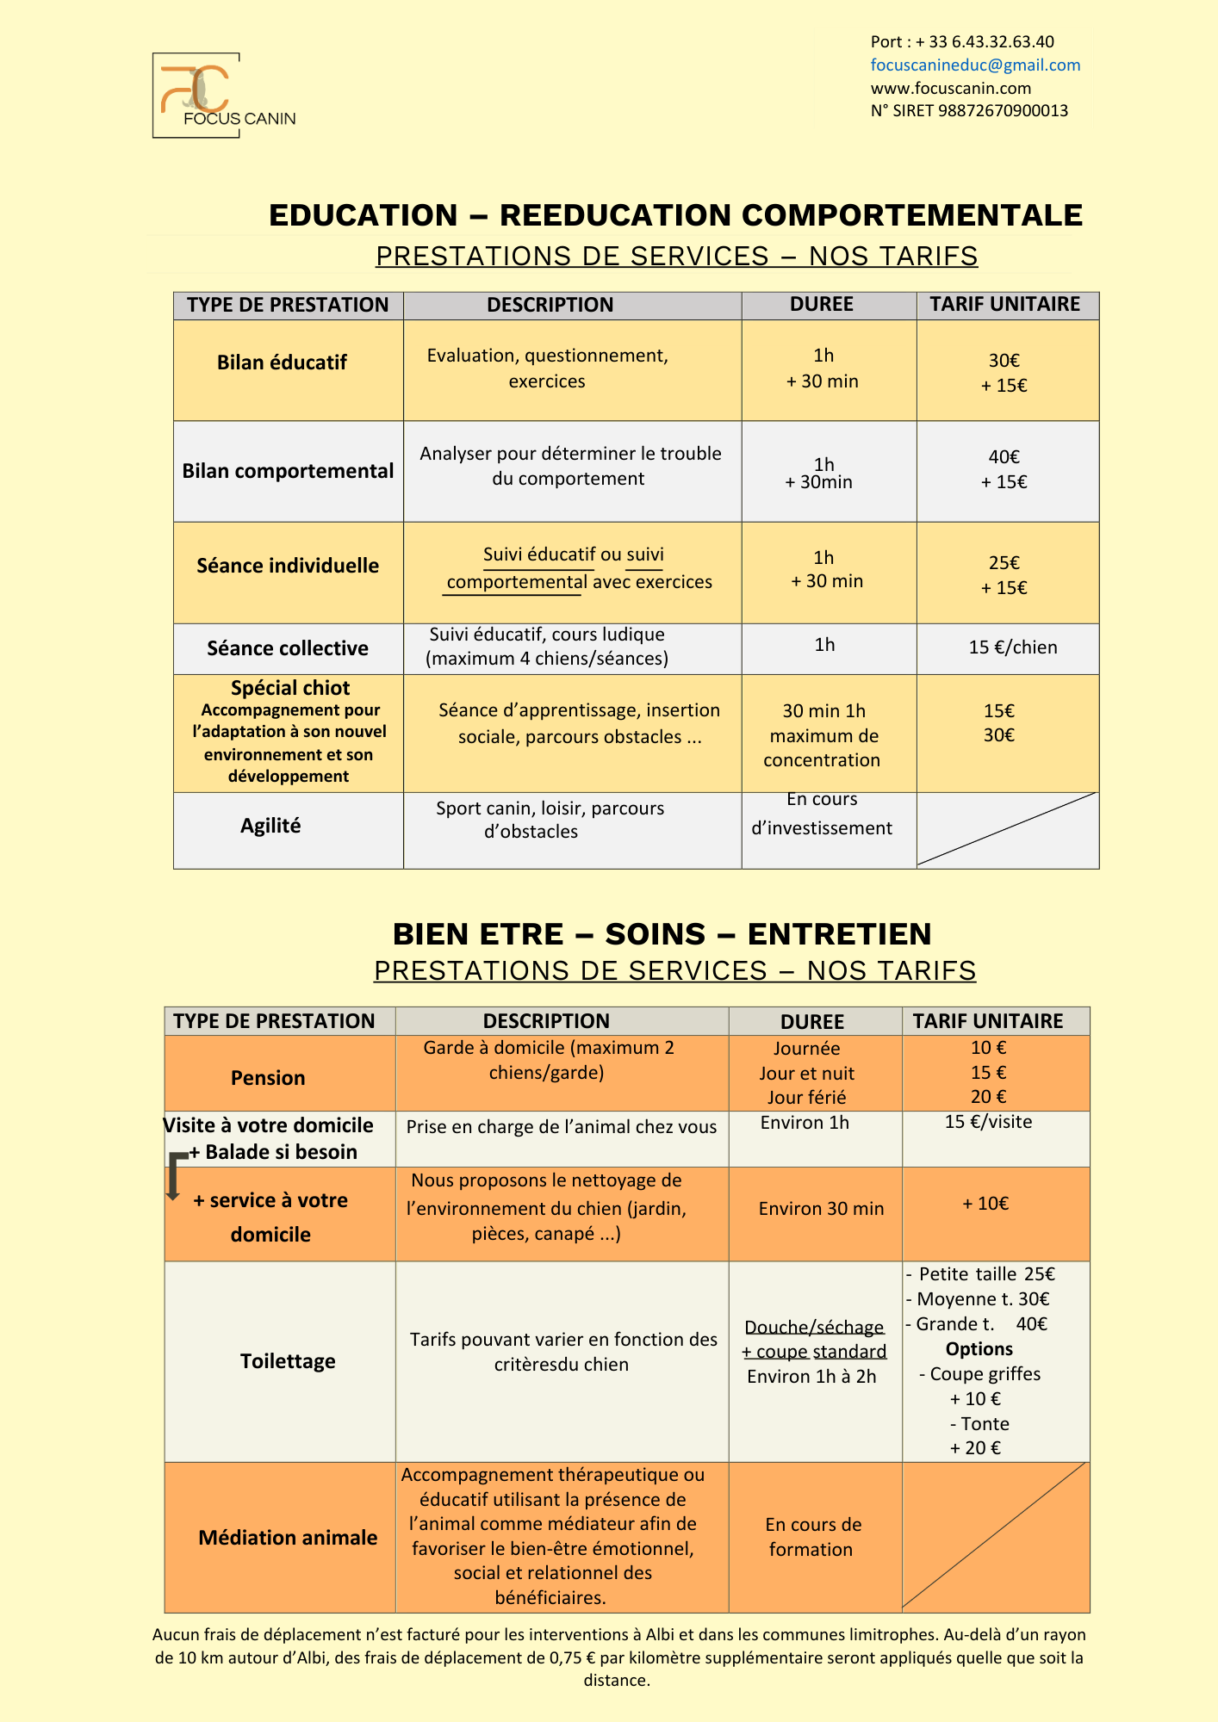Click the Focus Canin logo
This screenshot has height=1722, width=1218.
tap(197, 95)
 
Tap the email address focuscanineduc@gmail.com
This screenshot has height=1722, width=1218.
tap(975, 65)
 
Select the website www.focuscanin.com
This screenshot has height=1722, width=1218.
tap(950, 88)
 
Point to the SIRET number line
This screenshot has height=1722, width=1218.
tap(969, 110)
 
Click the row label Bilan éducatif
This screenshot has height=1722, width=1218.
tap(282, 362)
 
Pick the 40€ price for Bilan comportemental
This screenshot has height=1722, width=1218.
tap(1004, 457)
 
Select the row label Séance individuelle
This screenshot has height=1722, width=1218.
tap(288, 566)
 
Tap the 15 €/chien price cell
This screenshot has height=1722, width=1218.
tap(1012, 647)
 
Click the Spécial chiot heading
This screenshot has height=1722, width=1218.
tap(290, 688)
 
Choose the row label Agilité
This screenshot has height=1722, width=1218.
tap(270, 826)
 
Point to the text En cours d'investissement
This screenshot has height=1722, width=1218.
tap(822, 814)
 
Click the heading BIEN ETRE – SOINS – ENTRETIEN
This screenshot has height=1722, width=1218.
tap(662, 934)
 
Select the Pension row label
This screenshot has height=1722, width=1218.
tap(268, 1078)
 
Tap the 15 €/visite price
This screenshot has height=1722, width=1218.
tap(988, 1122)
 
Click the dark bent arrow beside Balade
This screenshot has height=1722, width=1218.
tap(175, 1174)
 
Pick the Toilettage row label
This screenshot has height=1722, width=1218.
tap(288, 1361)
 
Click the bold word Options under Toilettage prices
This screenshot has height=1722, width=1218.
tap(979, 1349)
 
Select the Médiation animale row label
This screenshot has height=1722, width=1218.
tap(288, 1538)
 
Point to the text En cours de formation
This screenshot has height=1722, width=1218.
tap(812, 1537)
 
